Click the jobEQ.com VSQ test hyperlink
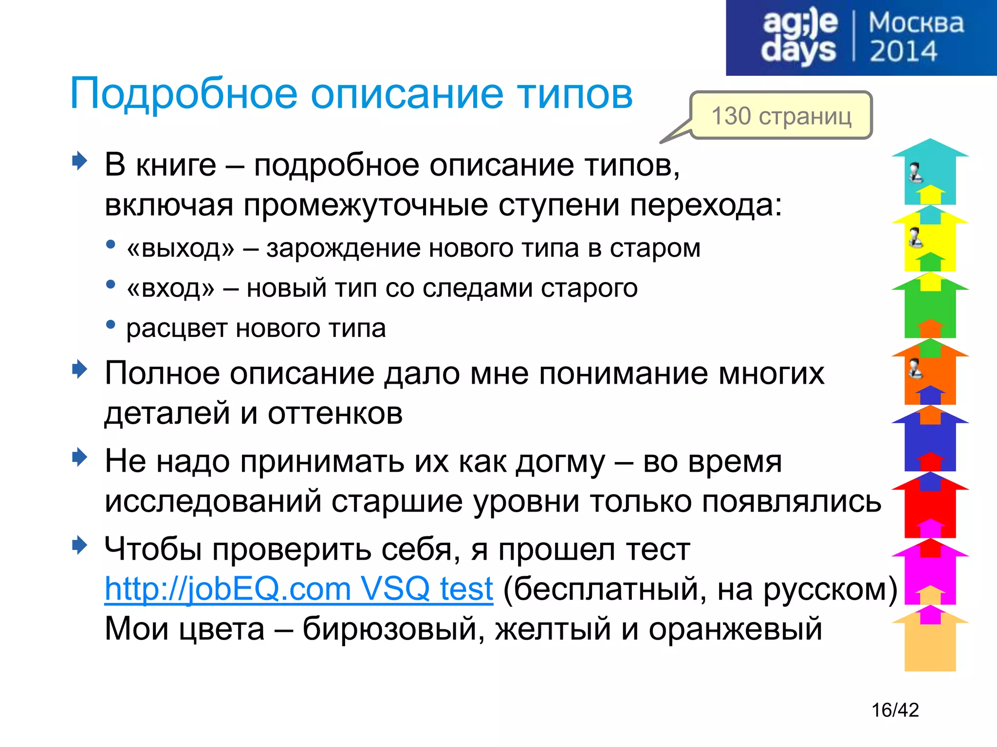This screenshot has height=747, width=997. pyautogui.click(x=298, y=589)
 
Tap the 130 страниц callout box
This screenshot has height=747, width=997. pyautogui.click(x=781, y=116)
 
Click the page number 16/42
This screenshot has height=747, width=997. pyautogui.click(x=895, y=710)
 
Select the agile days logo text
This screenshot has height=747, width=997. pyautogui.click(x=799, y=37)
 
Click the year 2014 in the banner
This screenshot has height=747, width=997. pyautogui.click(x=903, y=52)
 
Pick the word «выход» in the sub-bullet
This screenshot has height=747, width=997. pyautogui.click(x=180, y=249)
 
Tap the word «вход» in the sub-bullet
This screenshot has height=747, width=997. pyautogui.click(x=170, y=288)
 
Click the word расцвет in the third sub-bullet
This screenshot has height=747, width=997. pyautogui.click(x=176, y=328)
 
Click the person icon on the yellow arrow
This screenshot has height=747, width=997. pyautogui.click(x=915, y=237)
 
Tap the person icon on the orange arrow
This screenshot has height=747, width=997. pyautogui.click(x=915, y=368)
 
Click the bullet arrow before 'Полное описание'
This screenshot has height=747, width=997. pyautogui.click(x=79, y=370)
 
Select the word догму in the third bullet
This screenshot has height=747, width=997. pyautogui.click(x=560, y=462)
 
